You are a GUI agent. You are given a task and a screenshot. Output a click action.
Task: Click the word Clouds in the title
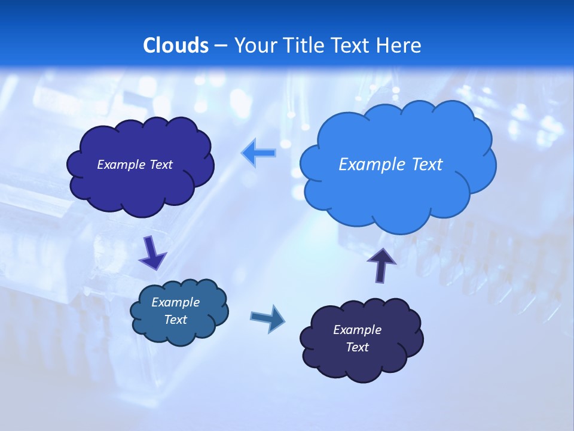tap(176, 45)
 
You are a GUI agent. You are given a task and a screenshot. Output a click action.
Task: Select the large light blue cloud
tap(398, 192)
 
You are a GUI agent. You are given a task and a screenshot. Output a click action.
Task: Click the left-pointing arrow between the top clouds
tap(258, 153)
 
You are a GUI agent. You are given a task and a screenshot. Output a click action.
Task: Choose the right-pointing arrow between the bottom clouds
tap(268, 318)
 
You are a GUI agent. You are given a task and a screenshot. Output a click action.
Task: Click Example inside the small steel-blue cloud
tap(176, 302)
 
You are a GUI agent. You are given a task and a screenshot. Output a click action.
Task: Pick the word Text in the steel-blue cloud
tap(176, 320)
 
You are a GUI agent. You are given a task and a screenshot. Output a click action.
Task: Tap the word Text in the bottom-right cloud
tap(358, 347)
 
